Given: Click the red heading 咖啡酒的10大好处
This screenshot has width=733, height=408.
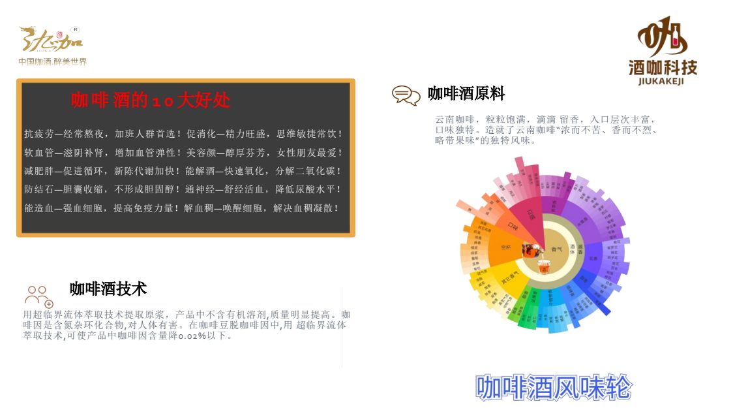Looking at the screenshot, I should (150, 101).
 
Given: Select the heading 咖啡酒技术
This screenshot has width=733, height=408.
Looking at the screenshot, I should (108, 289).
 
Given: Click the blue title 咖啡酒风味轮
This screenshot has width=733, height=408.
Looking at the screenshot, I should (554, 387).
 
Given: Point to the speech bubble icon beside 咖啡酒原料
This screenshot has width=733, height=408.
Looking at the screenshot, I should (406, 95).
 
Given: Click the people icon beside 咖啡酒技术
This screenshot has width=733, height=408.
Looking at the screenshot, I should (38, 296).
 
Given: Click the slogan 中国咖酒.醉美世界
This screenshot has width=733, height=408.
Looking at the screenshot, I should (52, 61).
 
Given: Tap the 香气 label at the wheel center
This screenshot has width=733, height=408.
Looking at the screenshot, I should (556, 249).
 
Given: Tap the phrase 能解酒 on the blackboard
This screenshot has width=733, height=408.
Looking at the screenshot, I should (201, 171).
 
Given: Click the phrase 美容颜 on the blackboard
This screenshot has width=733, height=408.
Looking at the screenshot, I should (201, 153).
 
